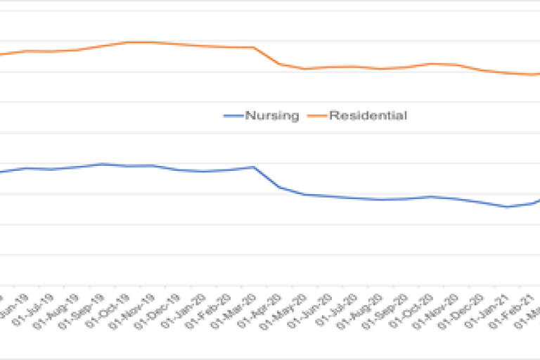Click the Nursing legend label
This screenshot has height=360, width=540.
[271, 116]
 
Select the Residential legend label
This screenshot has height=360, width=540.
[368, 116]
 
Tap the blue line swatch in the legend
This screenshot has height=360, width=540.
[233, 116]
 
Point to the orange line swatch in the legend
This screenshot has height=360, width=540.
[317, 116]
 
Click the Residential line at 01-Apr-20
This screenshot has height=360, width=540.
[280, 64]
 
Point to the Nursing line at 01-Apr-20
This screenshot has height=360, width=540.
[280, 187]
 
